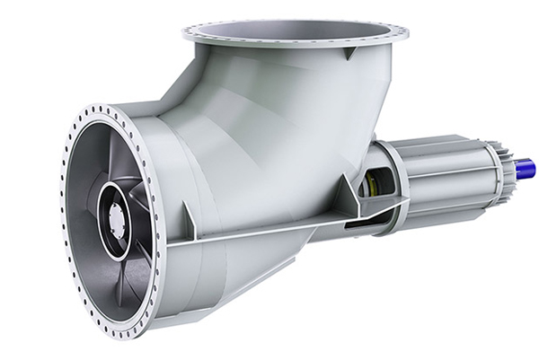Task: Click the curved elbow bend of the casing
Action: (x=269, y=117)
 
